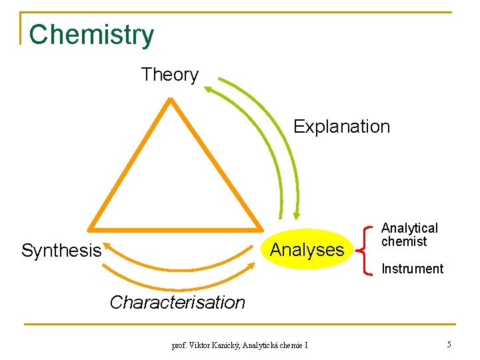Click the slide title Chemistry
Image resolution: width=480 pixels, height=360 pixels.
91,35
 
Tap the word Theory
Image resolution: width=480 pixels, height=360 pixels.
169,75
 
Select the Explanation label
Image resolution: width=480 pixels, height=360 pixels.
341,127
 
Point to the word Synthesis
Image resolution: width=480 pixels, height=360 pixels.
61,251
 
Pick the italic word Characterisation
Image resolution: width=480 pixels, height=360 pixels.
177,302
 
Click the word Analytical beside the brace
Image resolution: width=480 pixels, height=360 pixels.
409,229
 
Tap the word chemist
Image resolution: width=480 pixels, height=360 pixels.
403,242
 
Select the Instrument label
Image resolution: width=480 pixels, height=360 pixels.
412,269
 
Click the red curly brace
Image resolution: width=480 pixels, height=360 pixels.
365,250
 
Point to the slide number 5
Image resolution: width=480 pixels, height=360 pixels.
449,345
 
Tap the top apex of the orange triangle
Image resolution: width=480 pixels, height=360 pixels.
171,100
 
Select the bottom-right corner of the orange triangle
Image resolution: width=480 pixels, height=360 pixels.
261,227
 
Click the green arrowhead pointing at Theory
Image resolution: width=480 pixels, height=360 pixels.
209,87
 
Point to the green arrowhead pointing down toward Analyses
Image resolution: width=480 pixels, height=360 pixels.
296,215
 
